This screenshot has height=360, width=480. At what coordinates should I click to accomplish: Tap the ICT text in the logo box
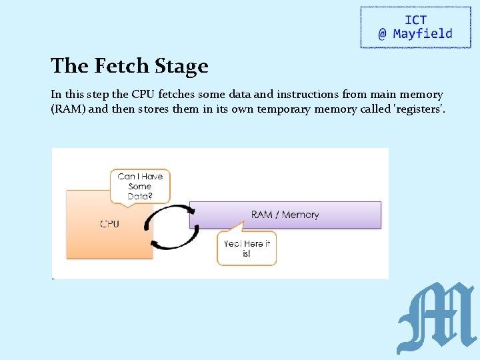tap(415, 20)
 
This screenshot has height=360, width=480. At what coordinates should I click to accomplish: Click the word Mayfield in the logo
tap(423, 33)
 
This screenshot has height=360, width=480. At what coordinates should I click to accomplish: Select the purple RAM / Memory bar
tap(285, 215)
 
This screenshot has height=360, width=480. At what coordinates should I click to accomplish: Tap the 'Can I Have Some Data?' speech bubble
tap(140, 186)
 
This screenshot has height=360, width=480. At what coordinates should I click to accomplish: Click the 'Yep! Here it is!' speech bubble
tap(247, 248)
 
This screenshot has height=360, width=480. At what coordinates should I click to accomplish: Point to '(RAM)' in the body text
tap(68, 109)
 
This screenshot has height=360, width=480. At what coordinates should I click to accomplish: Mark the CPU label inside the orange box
tap(109, 224)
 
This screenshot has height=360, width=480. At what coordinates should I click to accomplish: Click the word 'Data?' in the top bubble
tap(140, 196)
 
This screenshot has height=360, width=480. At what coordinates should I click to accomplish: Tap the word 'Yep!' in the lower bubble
tap(234, 243)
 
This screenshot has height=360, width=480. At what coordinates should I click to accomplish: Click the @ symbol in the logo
tap(382, 34)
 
